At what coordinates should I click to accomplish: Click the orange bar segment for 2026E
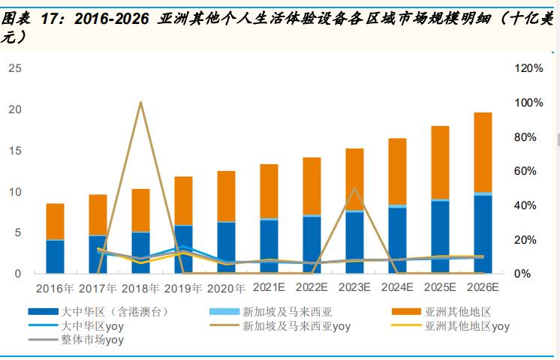pos(483,152)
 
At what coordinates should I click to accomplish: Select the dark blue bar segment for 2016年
pos(55,256)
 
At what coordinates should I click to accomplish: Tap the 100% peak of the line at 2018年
pos(140,103)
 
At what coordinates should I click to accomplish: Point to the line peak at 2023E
pos(354,188)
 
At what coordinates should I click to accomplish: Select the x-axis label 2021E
pos(269,287)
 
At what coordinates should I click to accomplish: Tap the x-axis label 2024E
pos(397,287)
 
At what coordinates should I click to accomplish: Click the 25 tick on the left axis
pos(14,68)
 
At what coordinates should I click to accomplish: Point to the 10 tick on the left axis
pos(14,192)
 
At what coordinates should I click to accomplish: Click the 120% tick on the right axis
pos(528,68)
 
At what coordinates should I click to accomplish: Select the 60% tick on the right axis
pos(528,171)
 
